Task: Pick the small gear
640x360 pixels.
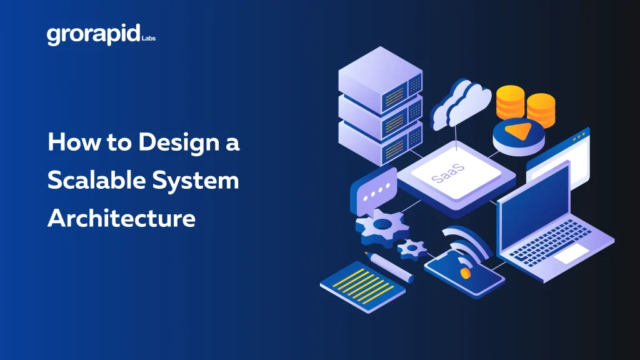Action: coord(412,249)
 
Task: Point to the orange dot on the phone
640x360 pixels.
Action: coord(465,274)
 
